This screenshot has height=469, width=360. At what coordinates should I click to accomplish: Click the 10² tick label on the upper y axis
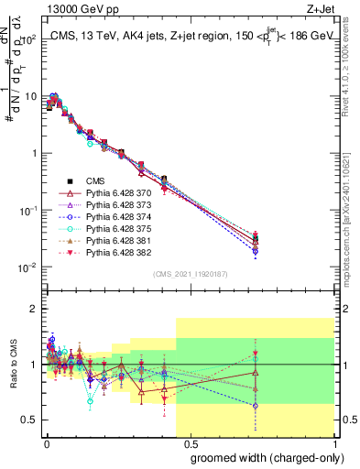tap(29, 38)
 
